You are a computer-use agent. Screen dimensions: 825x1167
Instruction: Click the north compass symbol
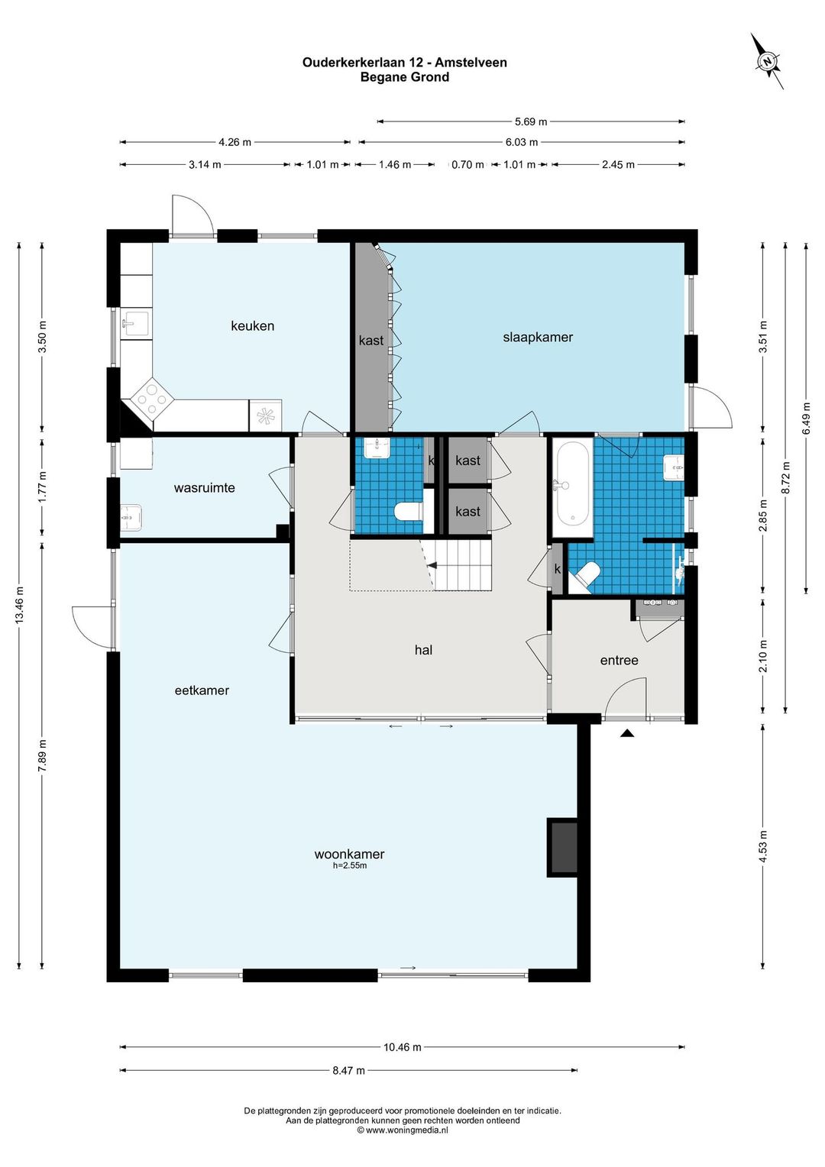pos(767,61)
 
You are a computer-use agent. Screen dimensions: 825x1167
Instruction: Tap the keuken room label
pos(252,325)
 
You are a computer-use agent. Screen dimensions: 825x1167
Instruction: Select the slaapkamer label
pos(538,337)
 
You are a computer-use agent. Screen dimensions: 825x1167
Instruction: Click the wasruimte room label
pos(204,487)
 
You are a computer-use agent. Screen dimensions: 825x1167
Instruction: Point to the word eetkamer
pos(202,690)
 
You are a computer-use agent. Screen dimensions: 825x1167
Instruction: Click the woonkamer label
pos(349,855)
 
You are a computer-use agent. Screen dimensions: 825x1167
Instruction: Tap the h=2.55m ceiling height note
pos(350,866)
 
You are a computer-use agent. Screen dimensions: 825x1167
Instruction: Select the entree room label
pos(620,661)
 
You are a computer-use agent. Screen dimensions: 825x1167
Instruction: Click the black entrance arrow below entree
pos(627,733)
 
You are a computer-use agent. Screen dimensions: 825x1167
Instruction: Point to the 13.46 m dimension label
pos(20,605)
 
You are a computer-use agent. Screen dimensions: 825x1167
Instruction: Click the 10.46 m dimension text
pos(403,1046)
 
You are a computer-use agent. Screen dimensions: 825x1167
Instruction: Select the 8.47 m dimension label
pos(348,1071)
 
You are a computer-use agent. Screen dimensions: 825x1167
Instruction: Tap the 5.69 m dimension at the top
pos(531,122)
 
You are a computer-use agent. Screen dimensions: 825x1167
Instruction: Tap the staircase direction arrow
pos(432,564)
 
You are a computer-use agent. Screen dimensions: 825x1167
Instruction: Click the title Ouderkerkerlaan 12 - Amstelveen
pos(405,63)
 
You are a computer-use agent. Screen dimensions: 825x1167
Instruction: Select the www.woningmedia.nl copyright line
pos(403,1130)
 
